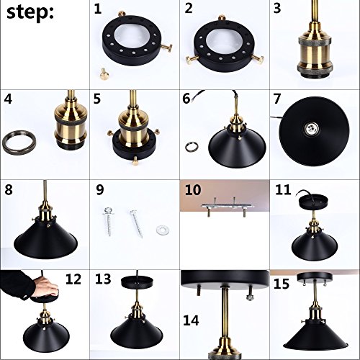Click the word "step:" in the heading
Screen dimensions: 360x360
pos(30,12)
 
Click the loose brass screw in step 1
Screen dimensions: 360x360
pos(104,73)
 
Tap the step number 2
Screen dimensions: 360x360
pos(189,8)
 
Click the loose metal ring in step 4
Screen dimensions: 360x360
pos(19,143)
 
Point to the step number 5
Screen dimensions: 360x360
pos(97,99)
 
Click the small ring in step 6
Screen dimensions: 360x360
pos(192,147)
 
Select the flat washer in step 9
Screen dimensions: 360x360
pos(163,230)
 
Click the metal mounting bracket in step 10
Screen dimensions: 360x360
pos(228,206)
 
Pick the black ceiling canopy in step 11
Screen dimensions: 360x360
pos(314,203)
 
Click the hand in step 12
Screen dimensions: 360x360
pos(45,287)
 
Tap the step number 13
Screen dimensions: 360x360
pos(103,279)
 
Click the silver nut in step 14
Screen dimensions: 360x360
pos(250,297)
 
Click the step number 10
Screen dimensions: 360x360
pos(193,190)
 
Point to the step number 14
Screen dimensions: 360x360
pos(191,320)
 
